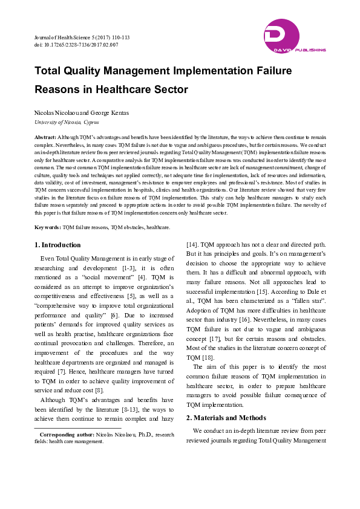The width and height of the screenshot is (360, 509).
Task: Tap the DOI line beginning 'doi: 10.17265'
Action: coord(76,45)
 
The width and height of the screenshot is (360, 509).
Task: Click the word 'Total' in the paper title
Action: coord(50,70)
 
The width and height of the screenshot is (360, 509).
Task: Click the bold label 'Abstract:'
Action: coord(45,138)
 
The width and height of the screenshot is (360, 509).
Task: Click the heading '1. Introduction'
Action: coord(57,245)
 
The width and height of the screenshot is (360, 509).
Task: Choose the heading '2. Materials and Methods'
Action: coord(226,418)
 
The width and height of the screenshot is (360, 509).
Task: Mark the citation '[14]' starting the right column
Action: coord(191,245)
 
